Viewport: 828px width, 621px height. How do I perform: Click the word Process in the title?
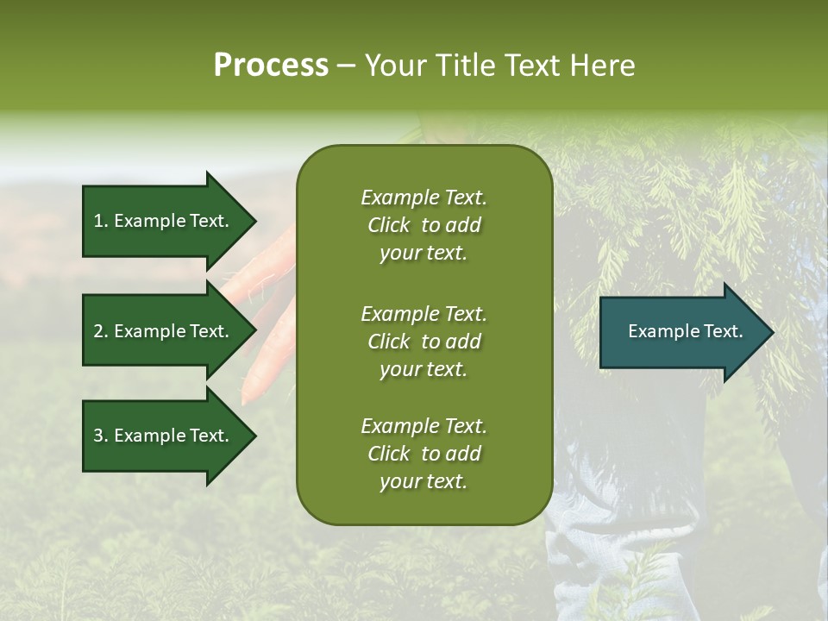[x=271, y=66]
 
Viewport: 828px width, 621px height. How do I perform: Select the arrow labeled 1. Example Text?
[x=164, y=221]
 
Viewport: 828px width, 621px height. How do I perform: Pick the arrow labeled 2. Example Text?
[x=164, y=331]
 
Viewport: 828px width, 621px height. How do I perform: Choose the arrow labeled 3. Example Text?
[x=164, y=436]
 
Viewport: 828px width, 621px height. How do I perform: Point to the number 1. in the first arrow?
[x=101, y=221]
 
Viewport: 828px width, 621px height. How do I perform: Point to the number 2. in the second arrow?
[x=101, y=331]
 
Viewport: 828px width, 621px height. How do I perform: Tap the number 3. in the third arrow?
[x=101, y=436]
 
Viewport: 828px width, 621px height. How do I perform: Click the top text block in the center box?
[x=423, y=225]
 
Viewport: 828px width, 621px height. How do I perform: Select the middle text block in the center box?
[x=423, y=342]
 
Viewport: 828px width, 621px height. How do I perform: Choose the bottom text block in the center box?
[x=423, y=454]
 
